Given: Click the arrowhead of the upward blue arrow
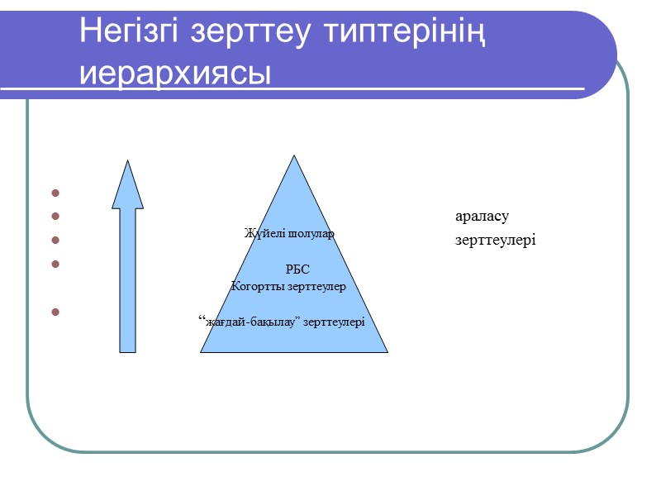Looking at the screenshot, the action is click(127, 187).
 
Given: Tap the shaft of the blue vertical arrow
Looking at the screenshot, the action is click(127, 281).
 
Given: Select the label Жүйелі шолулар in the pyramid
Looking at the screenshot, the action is click(289, 234).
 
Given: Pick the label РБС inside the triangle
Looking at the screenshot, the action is click(297, 269).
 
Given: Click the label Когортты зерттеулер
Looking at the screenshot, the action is click(288, 287).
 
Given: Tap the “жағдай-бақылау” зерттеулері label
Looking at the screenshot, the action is click(283, 322).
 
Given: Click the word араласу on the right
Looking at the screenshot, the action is click(482, 217).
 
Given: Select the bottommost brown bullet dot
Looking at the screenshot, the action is click(56, 312).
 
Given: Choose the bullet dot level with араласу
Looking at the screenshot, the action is click(56, 217).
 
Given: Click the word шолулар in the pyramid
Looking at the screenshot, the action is click(311, 234).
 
